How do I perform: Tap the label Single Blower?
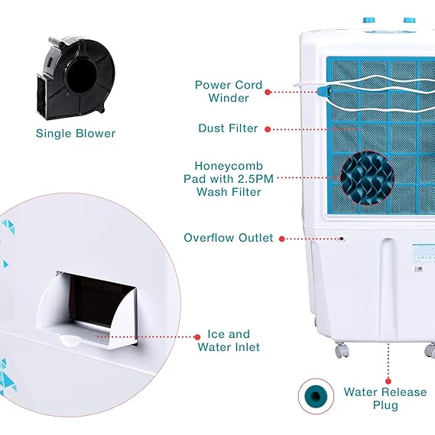click(76, 133)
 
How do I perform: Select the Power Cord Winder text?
click(228, 92)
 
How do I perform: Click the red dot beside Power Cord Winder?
click(268, 92)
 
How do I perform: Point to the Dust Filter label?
click(227, 128)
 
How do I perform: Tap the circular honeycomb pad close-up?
click(367, 178)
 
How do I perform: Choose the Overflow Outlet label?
click(228, 238)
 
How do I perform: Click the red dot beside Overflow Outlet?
click(281, 239)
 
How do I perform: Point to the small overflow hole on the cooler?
click(342, 239)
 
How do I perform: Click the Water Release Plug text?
click(385, 398)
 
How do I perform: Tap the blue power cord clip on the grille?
click(325, 91)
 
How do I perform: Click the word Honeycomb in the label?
click(229, 164)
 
